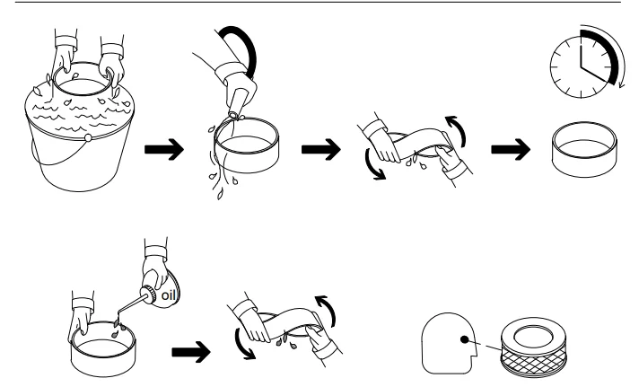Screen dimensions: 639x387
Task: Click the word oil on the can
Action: coord(169,295)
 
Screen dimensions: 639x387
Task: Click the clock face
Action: coord(582,66)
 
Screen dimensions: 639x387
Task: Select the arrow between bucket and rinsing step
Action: coord(164,149)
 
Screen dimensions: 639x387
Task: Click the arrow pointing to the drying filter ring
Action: coord(511,149)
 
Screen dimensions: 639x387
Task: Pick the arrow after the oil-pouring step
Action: coord(191,352)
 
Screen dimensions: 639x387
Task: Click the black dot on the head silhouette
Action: coord(464,339)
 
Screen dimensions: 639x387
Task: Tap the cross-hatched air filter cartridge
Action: coord(534,347)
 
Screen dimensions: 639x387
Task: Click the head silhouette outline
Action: coord(449,343)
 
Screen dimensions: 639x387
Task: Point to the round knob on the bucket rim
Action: coord(88,138)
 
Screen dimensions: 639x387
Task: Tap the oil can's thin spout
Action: coord(128,307)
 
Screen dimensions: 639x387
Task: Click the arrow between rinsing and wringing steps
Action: coord(321,149)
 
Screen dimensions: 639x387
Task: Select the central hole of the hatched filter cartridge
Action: coord(533,337)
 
